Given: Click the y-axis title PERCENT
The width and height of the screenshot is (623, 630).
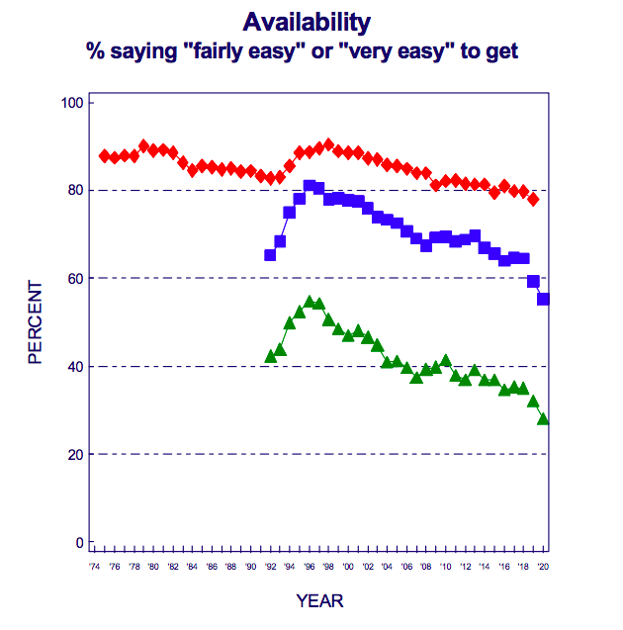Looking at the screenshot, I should pos(36,322).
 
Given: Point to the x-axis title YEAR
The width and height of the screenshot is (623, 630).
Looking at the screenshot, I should pos(319,600).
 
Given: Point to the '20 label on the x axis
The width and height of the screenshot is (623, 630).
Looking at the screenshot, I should pos(543,567).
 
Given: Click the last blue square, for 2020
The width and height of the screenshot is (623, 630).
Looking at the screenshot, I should pos(543,300).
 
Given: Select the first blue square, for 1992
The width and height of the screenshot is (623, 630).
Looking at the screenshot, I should pos(270,255).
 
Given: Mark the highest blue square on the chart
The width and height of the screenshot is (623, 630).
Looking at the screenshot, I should pos(310,186).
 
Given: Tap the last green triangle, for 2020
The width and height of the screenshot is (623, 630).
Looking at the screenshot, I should pos(543,419).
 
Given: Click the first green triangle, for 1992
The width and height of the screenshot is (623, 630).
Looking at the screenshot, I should pos(270,356).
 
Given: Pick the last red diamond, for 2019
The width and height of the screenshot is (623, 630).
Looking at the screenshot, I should pos(533,200).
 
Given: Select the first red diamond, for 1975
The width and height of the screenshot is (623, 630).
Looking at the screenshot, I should pos(105,156).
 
